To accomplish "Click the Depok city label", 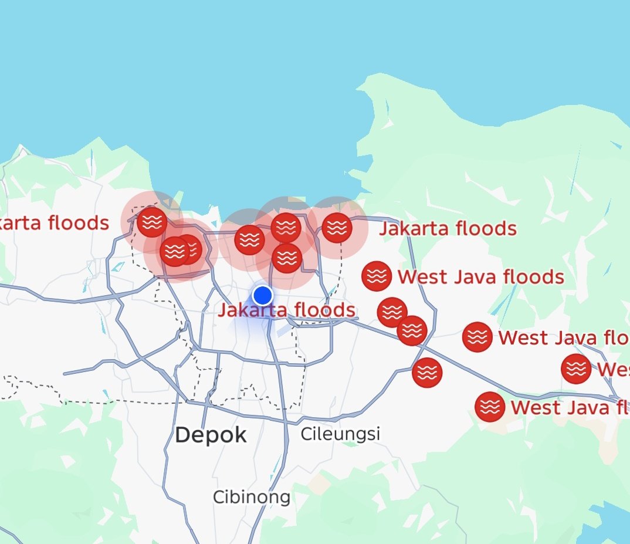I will (x=211, y=435).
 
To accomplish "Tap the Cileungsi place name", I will (x=340, y=434).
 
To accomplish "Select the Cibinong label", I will (x=251, y=498).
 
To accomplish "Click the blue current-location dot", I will (x=263, y=295).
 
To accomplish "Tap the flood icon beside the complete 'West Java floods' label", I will (x=377, y=276).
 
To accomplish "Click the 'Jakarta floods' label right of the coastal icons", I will (x=448, y=228).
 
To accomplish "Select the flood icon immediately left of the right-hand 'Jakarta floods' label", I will (x=337, y=228).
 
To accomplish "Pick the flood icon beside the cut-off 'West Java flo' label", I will (x=477, y=337).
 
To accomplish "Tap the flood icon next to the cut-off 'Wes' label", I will (x=576, y=369).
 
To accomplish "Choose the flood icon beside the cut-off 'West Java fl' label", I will (x=490, y=407).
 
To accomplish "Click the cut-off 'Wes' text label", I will (x=613, y=370).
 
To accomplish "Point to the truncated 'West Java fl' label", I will (x=570, y=407).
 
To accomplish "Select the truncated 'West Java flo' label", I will (x=563, y=338).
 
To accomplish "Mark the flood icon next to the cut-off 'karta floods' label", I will (x=152, y=222).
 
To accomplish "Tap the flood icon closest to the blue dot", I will (x=287, y=258).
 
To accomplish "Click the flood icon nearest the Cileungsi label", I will (x=427, y=373).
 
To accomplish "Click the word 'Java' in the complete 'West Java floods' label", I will (x=473, y=276).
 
